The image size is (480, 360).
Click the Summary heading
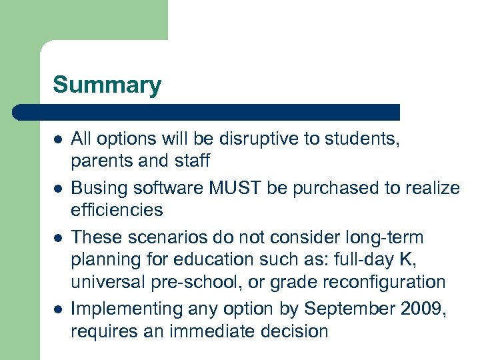[x=107, y=85]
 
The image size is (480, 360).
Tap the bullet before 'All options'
[x=58, y=140]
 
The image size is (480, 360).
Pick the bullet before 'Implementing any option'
[x=58, y=309]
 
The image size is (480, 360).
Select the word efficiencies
[x=117, y=210]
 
